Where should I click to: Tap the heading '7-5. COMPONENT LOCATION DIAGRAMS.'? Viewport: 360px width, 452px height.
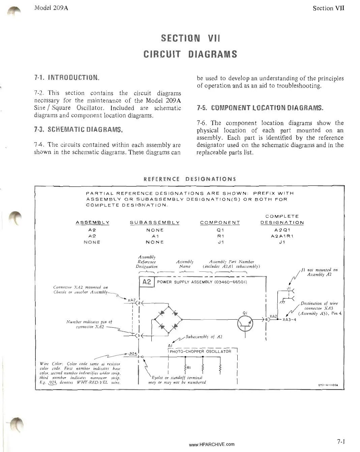coord(260,108)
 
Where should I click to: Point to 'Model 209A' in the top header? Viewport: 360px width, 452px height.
coord(51,8)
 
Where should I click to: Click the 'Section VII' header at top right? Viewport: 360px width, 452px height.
coord(328,8)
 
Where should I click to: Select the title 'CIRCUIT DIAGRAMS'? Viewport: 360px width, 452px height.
coord(190,54)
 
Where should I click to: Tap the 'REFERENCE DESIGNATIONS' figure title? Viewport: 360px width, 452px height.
coord(190,179)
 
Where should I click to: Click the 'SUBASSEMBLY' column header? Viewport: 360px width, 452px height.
coord(155,223)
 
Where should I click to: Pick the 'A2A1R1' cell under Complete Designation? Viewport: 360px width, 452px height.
coord(282,236)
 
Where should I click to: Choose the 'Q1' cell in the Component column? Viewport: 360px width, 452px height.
coord(220,230)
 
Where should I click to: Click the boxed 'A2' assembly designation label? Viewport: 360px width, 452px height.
coord(147,282)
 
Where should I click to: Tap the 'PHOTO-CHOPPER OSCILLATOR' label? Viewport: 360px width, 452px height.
coord(200,351)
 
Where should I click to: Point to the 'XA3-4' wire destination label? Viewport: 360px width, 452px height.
coord(289,320)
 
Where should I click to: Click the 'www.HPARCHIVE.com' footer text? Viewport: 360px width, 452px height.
coord(212,444)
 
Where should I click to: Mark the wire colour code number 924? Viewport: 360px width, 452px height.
coord(133,354)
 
